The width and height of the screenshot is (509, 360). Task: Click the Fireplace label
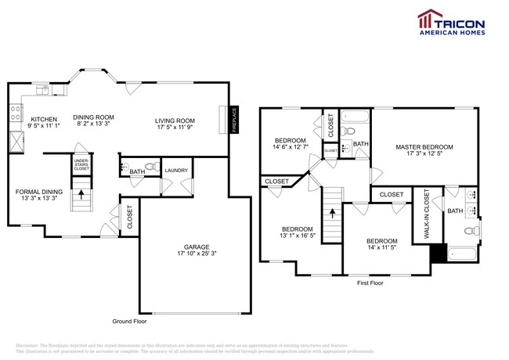[x=233, y=119]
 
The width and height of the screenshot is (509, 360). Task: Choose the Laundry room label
[x=175, y=169]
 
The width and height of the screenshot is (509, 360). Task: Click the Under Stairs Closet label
[x=81, y=163]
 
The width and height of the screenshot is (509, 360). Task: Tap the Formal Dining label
[x=37, y=190]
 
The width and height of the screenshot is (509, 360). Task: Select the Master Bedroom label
[x=424, y=146]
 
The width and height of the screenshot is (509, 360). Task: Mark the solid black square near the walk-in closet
[x=437, y=253]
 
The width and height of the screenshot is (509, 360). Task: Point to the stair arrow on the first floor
[x=333, y=211]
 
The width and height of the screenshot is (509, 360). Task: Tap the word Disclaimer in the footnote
[x=28, y=344]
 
